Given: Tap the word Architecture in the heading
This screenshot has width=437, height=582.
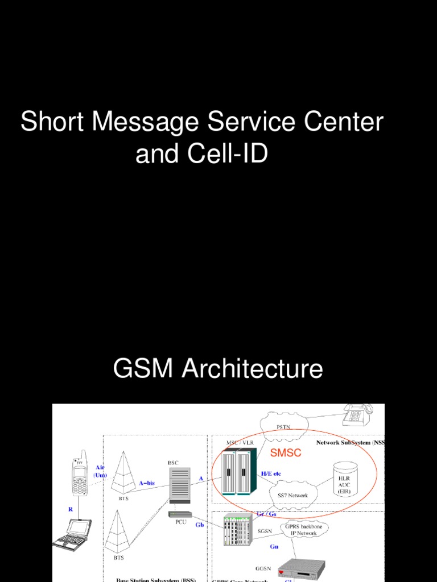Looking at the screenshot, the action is tap(252, 369).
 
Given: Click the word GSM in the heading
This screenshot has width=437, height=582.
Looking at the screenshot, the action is tap(145, 369).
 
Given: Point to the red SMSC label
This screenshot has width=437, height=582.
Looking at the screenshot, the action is tap(286, 453).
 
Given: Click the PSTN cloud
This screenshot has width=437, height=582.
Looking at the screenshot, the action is tap(283, 425).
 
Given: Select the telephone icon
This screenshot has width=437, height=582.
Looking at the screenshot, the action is tap(357, 414).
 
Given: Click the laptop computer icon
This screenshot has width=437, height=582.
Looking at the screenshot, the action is tap(72, 535).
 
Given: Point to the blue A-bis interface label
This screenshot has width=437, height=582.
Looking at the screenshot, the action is tap(147, 483).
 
